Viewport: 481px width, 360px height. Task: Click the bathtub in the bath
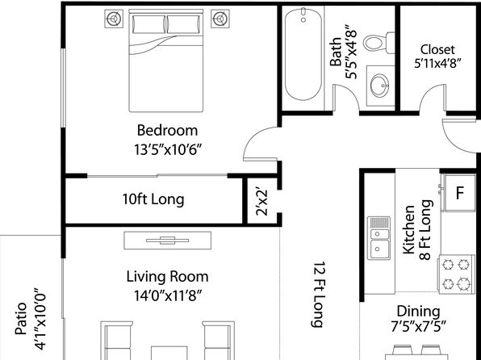coord(303,54)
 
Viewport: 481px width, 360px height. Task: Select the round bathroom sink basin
coord(380,86)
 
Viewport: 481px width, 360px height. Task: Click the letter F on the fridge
coord(459,193)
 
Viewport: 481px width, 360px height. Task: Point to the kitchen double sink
coord(379,238)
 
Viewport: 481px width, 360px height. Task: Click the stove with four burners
coord(456,274)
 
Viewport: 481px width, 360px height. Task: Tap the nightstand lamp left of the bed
coord(114,19)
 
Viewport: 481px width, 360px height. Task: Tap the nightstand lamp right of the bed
coord(220,19)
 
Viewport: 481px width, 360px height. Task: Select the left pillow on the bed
coord(148,24)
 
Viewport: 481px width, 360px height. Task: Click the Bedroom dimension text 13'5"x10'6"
coord(168,150)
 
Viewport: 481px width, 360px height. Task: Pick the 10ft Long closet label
coord(153,199)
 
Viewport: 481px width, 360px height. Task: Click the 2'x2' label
coord(262,203)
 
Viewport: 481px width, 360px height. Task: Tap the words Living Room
coord(168,277)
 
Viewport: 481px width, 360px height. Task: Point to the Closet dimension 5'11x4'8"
coord(437,64)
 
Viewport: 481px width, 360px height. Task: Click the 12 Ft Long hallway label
coord(319,295)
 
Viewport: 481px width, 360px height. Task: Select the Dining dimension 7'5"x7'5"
coord(418,327)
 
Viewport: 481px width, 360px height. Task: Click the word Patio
coord(22,318)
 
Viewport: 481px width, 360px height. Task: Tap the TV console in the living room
coord(168,241)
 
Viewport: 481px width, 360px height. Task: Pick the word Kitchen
coord(409,230)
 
